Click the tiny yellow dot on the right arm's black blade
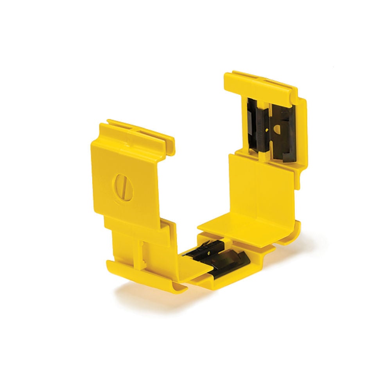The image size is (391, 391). coord(265,128)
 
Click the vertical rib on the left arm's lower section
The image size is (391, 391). coord(141,250)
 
